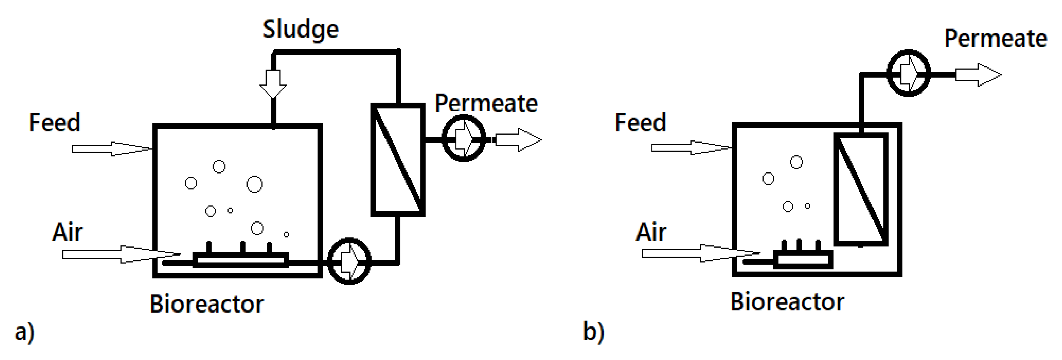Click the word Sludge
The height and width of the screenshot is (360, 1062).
pyautogui.click(x=301, y=30)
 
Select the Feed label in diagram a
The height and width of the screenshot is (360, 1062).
pyautogui.click(x=54, y=122)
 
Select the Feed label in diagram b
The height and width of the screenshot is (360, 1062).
pyautogui.click(x=640, y=122)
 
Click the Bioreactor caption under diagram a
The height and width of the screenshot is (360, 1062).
pyautogui.click(x=206, y=304)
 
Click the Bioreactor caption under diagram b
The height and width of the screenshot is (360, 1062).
pyautogui.click(x=787, y=302)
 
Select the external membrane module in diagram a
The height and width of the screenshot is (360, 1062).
pyautogui.click(x=398, y=160)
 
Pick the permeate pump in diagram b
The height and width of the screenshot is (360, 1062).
pyautogui.click(x=908, y=74)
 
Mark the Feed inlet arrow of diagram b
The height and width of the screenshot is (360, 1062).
pyautogui.click(x=690, y=148)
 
